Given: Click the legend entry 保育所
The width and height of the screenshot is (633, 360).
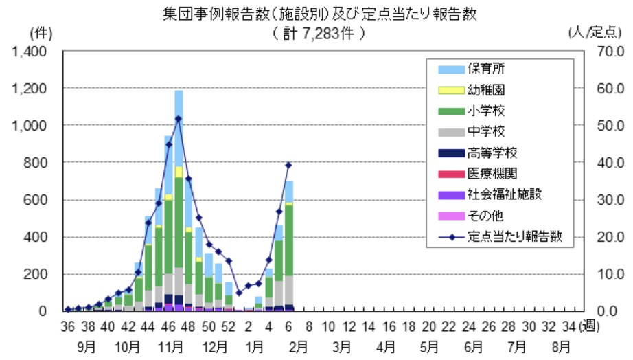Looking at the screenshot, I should (487, 69).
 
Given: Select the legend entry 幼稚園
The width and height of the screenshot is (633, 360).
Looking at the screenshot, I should (487, 90).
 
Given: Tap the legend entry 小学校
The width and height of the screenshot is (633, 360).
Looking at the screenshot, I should (487, 111).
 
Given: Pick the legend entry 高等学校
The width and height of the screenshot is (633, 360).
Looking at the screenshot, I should (492, 153).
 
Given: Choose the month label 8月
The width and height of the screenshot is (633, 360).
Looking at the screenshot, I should (560, 345).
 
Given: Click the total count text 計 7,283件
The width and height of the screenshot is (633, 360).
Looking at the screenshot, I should (316, 32).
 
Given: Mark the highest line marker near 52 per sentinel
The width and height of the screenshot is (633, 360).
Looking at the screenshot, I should (179, 118).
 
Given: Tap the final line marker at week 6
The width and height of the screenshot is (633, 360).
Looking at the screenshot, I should (289, 165).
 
